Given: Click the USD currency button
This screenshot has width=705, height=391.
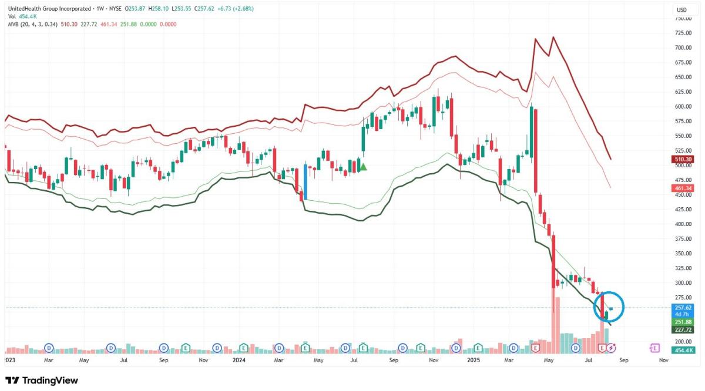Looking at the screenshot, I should pyautogui.click(x=681, y=10).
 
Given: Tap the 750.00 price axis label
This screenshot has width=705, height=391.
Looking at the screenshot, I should pyautogui.click(x=682, y=18).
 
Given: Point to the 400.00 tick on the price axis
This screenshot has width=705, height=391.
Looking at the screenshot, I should pyautogui.click(x=682, y=224).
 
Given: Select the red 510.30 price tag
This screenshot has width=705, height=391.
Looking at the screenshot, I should pyautogui.click(x=682, y=159).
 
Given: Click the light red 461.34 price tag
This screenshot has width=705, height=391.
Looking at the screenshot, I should pyautogui.click(x=682, y=188).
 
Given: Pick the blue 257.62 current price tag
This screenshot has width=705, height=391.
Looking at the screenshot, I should pyautogui.click(x=682, y=308).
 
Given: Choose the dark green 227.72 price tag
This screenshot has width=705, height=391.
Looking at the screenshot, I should pyautogui.click(x=682, y=329).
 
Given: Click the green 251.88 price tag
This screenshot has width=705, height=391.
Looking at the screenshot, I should pyautogui.click(x=682, y=322).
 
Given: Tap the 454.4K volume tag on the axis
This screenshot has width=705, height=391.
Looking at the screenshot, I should pyautogui.click(x=682, y=350).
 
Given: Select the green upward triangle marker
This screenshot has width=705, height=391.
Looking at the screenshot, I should pyautogui.click(x=363, y=167).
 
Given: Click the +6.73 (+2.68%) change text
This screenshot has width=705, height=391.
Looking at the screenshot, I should pyautogui.click(x=239, y=9).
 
